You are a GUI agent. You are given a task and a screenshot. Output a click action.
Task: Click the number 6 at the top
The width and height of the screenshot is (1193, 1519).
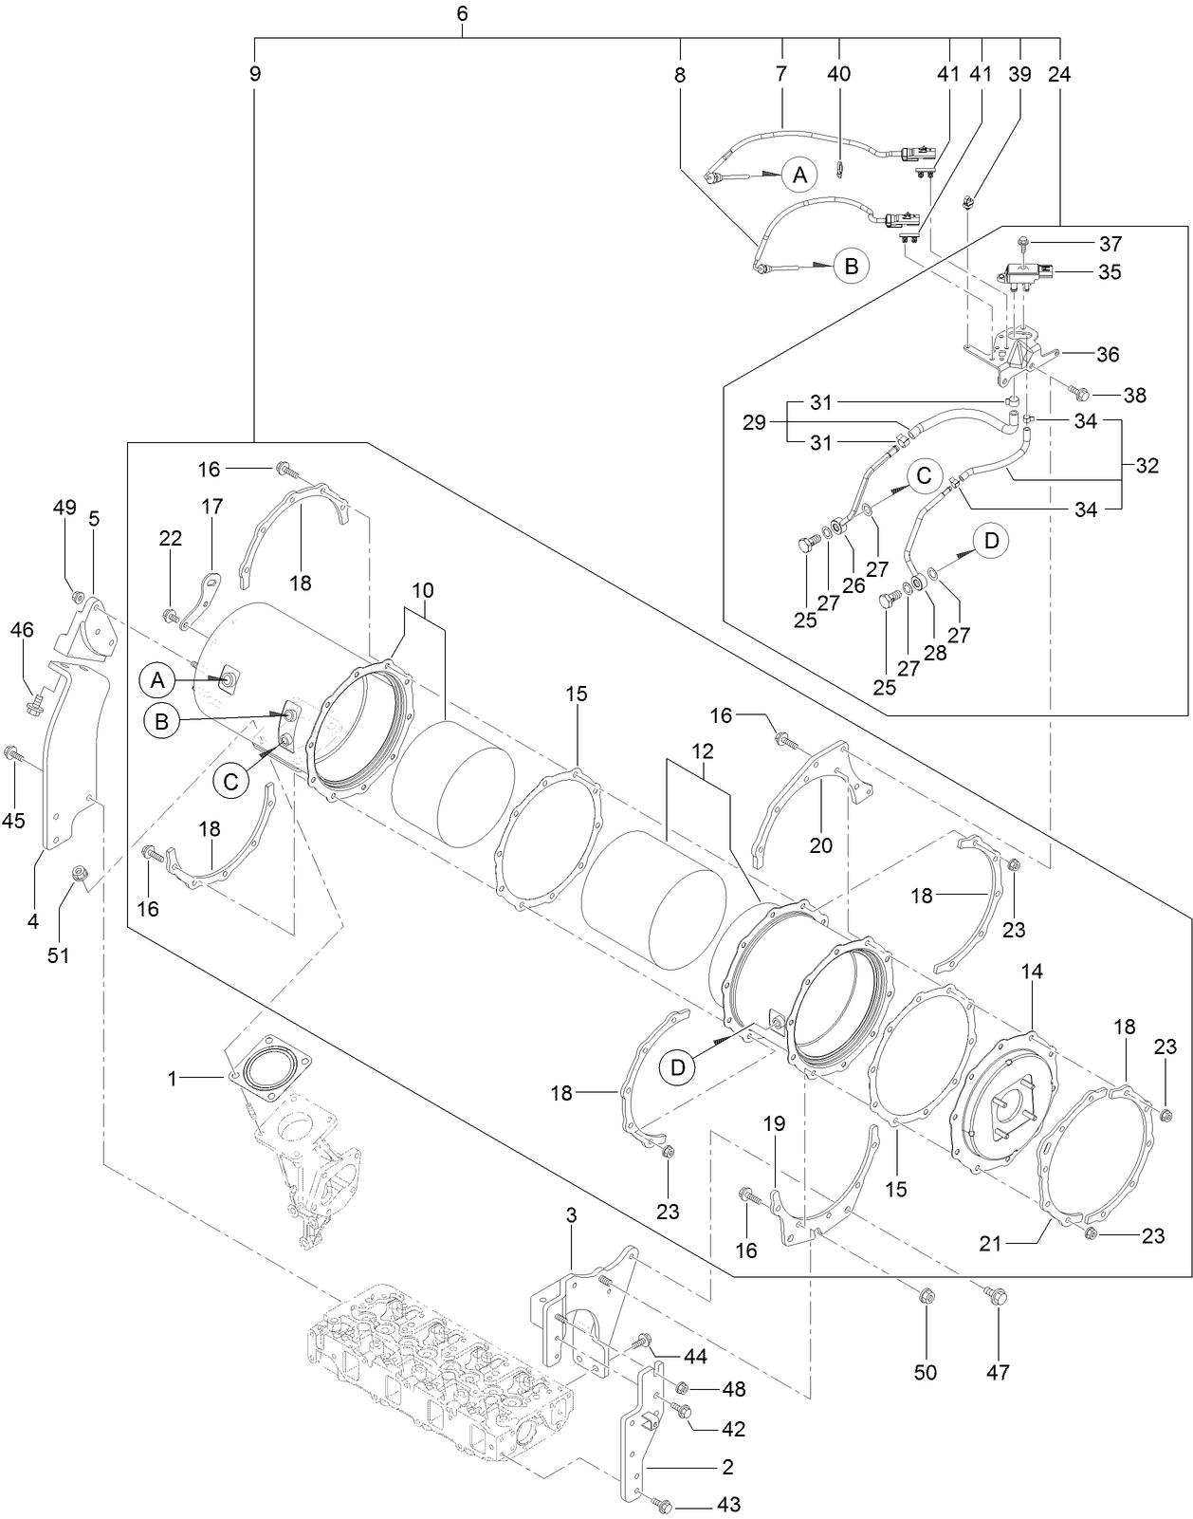coord(462,13)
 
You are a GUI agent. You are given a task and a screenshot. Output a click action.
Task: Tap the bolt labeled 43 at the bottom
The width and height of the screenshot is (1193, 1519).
coord(663,1505)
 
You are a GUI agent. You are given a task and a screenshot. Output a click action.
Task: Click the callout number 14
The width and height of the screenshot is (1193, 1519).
coord(1032,972)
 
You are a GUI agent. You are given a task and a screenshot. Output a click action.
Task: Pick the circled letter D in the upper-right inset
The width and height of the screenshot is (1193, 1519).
coord(991,541)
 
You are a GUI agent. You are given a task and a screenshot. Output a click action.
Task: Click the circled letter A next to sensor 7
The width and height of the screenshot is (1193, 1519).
coord(799,175)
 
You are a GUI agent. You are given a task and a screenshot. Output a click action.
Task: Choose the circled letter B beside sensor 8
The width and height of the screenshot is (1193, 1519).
coord(851,267)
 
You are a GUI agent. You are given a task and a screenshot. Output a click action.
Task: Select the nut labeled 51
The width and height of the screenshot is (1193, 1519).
coord(80,873)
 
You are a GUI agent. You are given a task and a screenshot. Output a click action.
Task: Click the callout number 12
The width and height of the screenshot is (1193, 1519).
coord(702,750)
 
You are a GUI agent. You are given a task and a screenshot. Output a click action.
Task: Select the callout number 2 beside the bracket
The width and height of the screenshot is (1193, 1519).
coord(727,1467)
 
